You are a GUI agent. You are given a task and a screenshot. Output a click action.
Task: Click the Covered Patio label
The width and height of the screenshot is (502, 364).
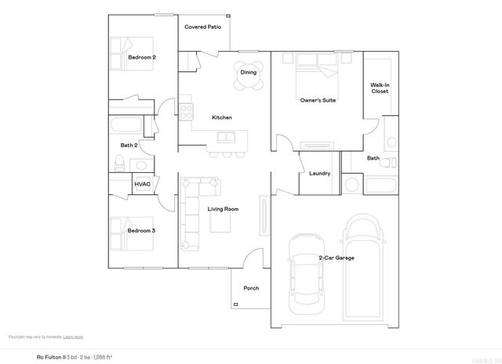coord(202,27)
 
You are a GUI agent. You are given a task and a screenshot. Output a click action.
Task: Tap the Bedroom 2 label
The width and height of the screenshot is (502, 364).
coord(142,57)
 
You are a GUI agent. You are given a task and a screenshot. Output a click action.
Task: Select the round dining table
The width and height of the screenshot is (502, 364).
coord(248,72)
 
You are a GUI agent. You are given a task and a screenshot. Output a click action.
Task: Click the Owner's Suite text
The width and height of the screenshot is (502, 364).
coord(318,100)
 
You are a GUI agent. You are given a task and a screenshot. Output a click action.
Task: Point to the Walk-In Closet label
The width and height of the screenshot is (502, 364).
coord(380,88)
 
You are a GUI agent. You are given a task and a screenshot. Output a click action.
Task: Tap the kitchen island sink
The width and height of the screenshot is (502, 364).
coord(227,137)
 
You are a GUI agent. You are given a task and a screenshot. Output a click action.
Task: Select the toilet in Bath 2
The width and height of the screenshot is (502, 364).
coord(119,163)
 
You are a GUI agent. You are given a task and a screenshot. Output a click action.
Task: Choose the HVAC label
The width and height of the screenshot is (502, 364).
coord(142,185)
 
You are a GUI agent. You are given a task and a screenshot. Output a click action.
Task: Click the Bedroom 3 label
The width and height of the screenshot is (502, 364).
coord(142,231)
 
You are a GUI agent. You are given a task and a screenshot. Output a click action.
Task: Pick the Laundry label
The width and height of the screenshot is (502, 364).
coord(319,174)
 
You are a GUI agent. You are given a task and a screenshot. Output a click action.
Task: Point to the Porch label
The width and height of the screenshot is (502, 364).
coord(251,288)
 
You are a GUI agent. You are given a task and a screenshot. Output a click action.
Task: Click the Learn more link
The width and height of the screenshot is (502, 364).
coord(73,337)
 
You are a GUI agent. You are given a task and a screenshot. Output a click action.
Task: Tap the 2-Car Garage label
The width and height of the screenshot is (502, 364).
coord(336,258)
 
